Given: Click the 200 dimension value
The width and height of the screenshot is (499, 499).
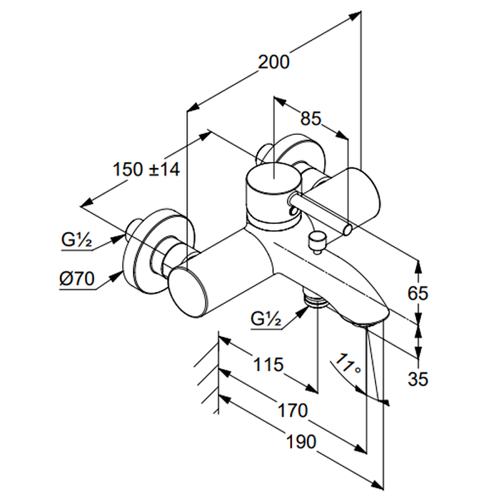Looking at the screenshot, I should click(x=274, y=63).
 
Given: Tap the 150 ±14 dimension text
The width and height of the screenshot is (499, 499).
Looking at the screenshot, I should click(x=147, y=169).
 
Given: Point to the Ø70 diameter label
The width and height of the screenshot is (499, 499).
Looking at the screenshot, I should click(x=77, y=280).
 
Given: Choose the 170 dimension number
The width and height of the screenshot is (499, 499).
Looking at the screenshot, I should click(x=293, y=410).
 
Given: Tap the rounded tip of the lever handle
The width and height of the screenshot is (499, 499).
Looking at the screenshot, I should click(x=347, y=230).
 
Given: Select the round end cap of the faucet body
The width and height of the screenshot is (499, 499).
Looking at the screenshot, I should click(x=189, y=291).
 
